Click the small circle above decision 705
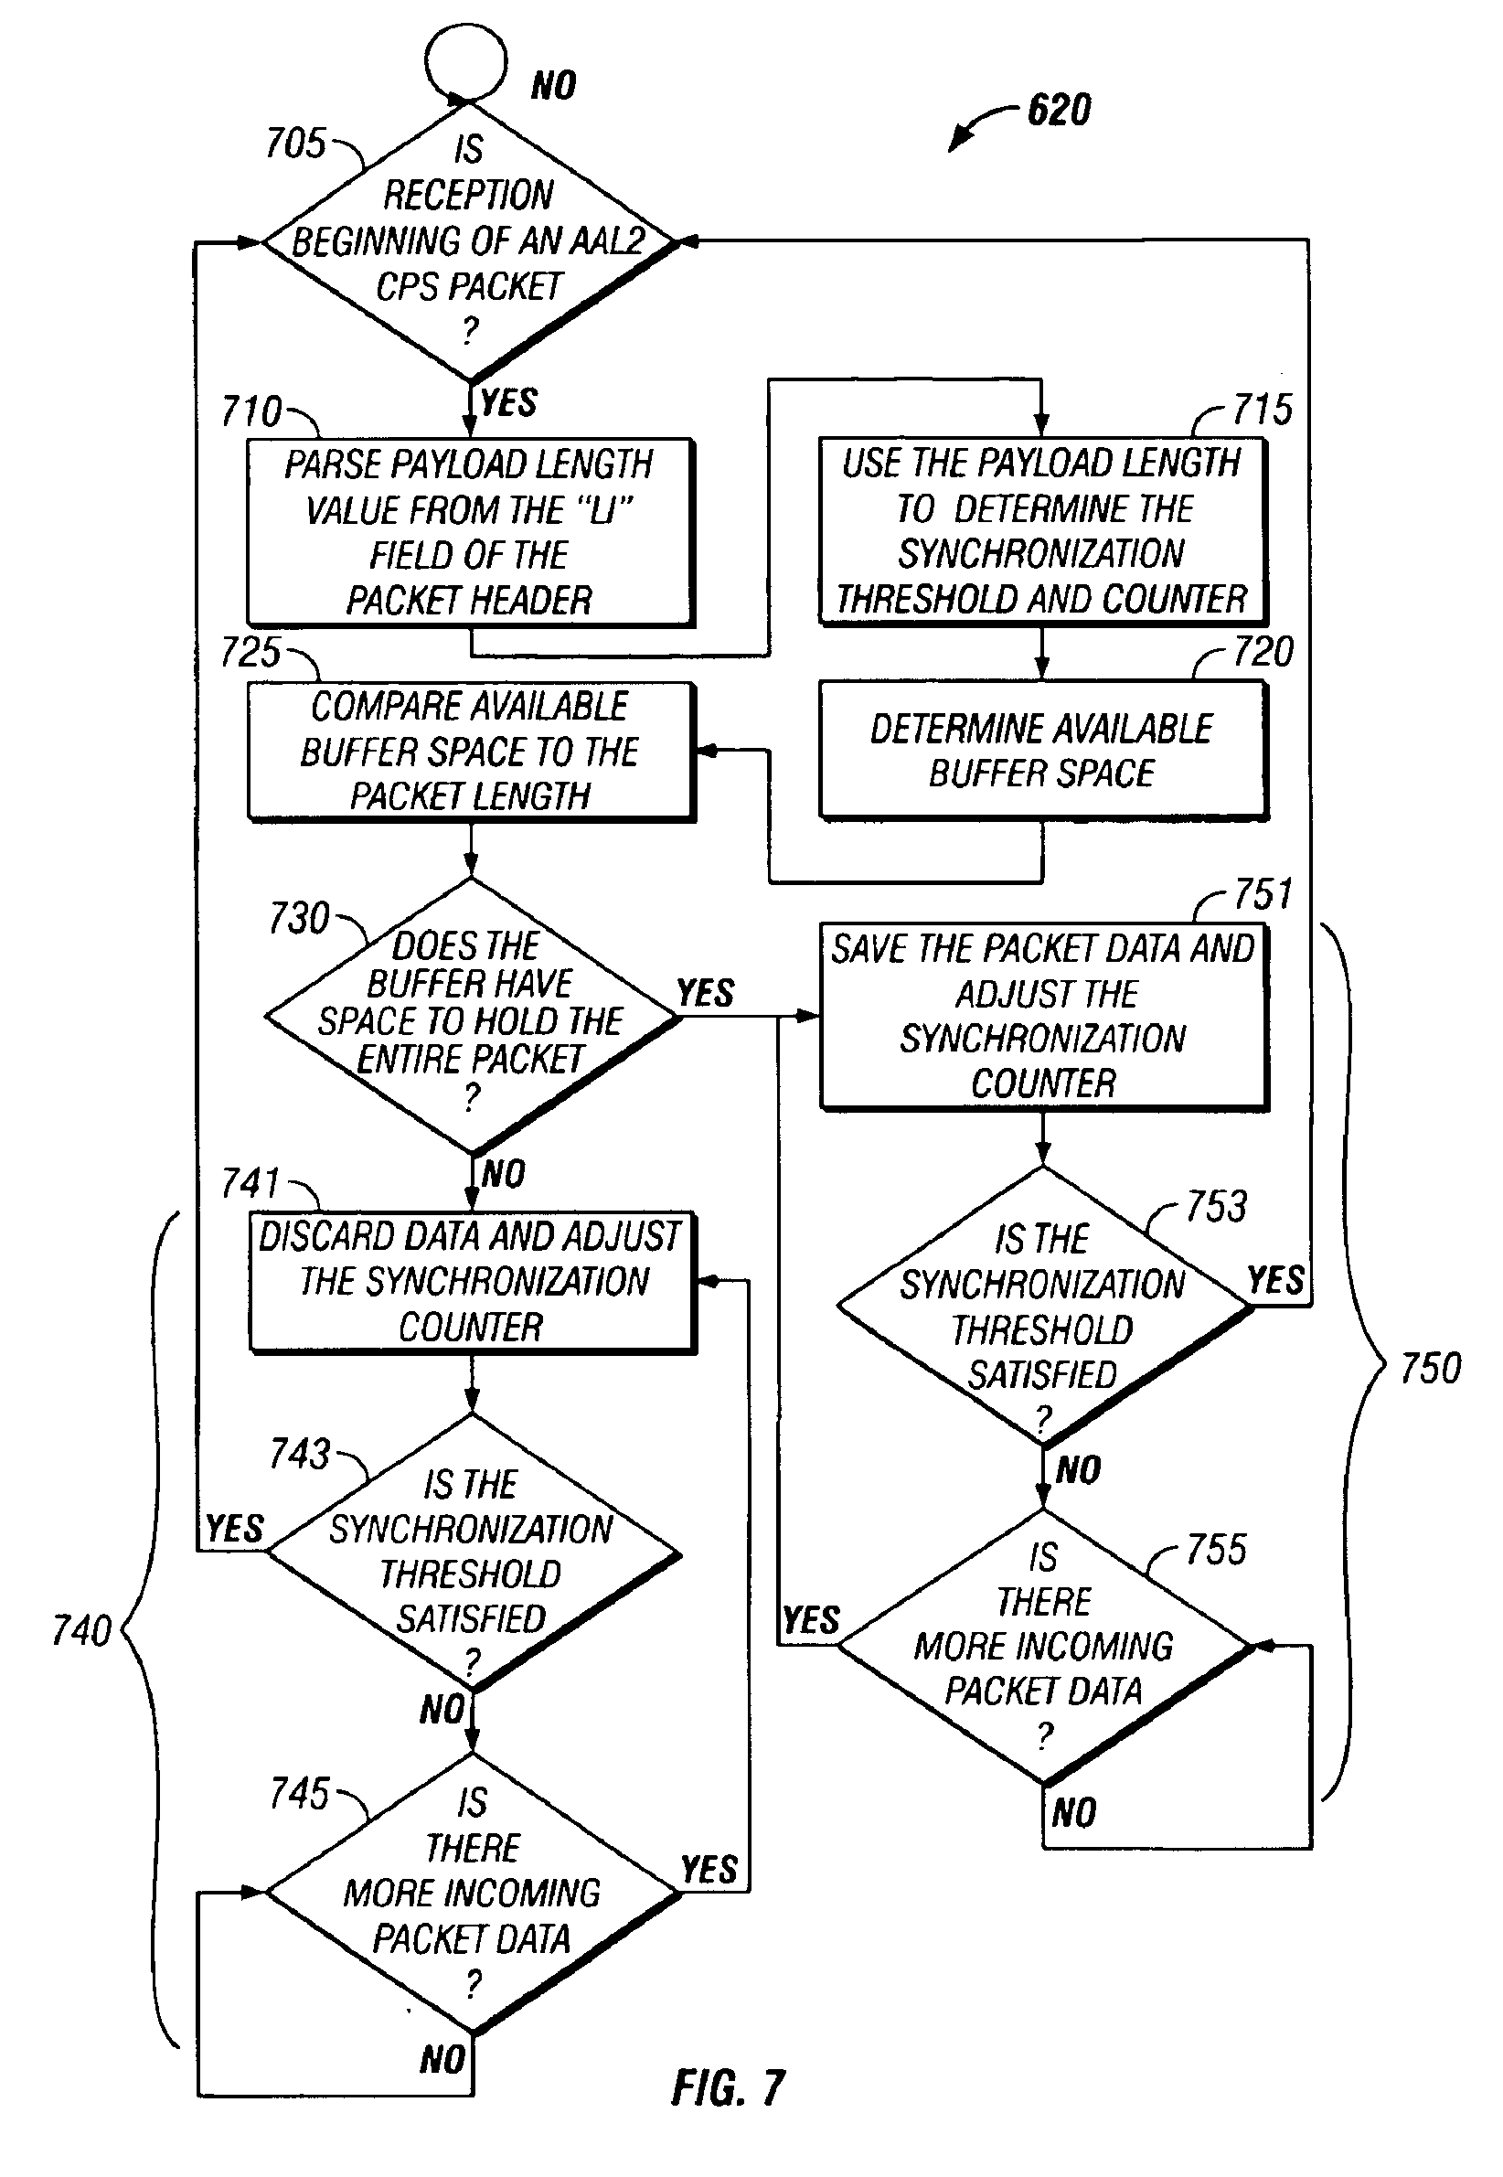click(466, 60)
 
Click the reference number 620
click(1059, 110)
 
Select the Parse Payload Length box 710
click(469, 532)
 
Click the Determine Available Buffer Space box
click(1041, 751)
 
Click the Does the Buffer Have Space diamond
click(471, 1017)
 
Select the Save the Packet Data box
click(1043, 1017)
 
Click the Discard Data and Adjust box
click(471, 1282)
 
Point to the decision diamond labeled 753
click(1043, 1307)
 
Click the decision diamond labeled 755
click(1043, 1647)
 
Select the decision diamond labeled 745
click(471, 1893)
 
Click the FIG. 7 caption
click(728, 2088)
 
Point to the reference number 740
click(82, 1630)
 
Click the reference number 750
click(1430, 1368)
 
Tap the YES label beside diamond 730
click(706, 992)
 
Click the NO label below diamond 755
click(1073, 1812)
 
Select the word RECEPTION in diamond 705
click(468, 196)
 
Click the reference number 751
click(1263, 894)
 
